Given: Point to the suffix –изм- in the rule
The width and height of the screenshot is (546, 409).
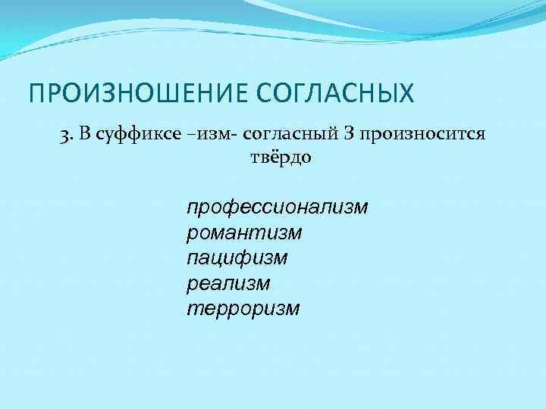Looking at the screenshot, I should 206,134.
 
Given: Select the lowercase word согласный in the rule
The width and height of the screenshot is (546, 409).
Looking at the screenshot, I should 286,134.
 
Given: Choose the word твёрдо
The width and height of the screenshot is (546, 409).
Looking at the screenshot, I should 280,158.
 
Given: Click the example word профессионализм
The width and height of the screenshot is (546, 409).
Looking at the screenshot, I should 277,207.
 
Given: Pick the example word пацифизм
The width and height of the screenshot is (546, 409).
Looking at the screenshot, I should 237,258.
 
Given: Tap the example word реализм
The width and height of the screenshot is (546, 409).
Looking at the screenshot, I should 227,283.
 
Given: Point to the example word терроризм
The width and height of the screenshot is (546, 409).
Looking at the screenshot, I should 243,309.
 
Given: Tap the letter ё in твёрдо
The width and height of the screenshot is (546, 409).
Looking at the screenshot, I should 271,158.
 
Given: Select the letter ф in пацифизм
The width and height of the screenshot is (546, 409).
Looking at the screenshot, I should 248,258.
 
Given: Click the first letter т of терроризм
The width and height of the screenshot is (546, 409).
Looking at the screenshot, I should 192,309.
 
